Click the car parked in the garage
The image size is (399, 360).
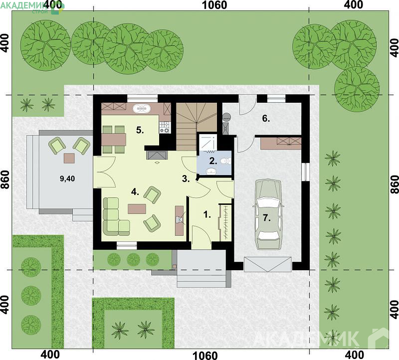268,214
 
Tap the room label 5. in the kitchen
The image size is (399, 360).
140,130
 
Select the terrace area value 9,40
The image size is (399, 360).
67,179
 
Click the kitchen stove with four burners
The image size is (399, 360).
165,127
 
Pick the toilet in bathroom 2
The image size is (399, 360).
226,161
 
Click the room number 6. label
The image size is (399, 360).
266,119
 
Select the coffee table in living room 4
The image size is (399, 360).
137,209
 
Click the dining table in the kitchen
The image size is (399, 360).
114,140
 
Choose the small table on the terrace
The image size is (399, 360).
69,158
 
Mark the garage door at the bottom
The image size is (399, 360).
268,264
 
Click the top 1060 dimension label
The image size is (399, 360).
214,5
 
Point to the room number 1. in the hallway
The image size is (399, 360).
207,215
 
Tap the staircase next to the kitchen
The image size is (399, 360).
196,127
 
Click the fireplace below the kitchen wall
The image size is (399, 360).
157,155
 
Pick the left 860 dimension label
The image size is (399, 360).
5,180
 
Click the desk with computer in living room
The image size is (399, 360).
180,220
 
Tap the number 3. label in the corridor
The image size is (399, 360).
186,179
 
